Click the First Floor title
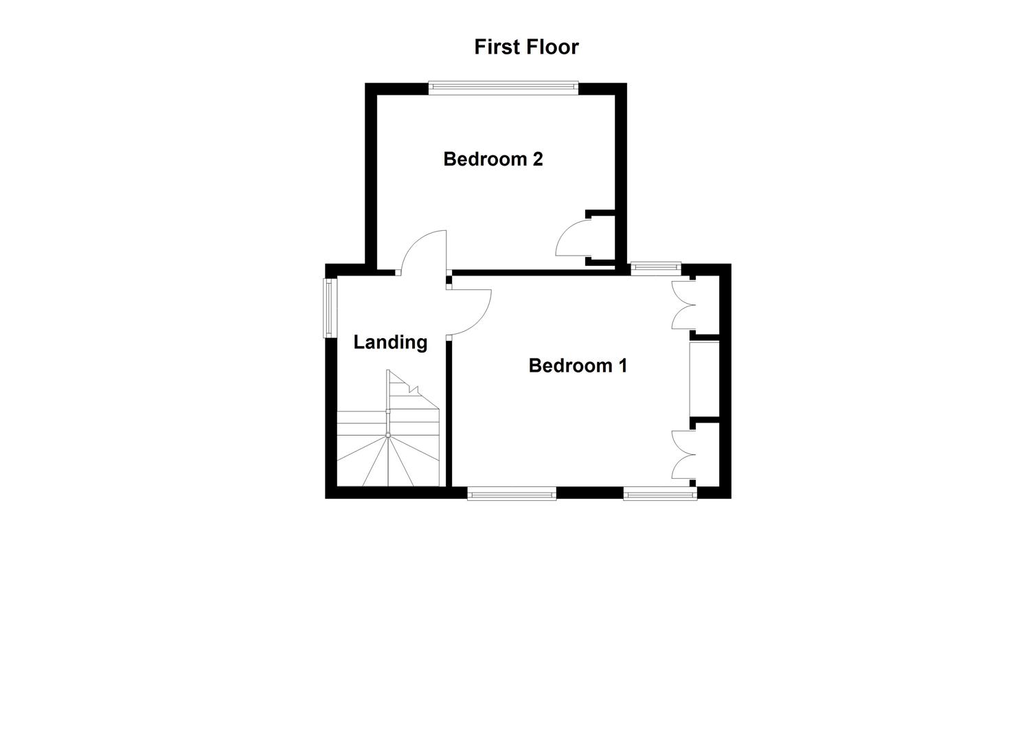[526, 47]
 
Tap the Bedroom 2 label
[492, 159]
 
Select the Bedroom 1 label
[578, 366]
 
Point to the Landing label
[390, 342]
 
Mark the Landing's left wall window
[328, 308]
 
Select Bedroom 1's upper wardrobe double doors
[681, 306]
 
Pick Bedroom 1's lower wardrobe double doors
[681, 453]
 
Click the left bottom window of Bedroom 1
[512, 493]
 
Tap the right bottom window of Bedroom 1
[659, 493]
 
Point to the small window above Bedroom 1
[656, 268]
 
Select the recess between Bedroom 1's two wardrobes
[704, 379]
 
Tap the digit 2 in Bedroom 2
[537, 159]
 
